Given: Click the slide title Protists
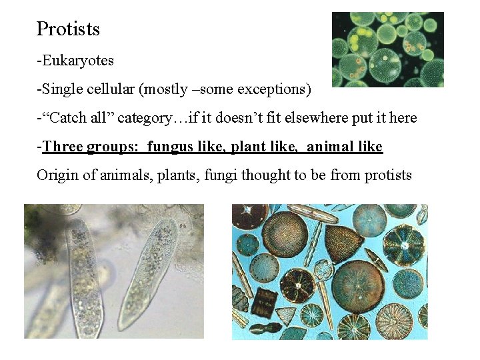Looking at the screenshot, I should [x=68, y=29].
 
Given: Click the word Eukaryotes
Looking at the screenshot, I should [x=77, y=61].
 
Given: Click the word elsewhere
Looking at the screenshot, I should [x=319, y=118].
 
